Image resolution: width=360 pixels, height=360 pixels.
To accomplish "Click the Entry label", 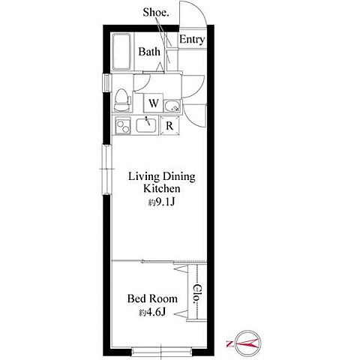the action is tap(192, 40).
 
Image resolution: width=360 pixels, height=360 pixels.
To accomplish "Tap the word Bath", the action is tap(149, 52).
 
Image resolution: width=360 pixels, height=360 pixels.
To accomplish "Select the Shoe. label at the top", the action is tap(156, 12).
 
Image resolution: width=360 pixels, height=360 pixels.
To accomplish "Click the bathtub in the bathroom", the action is tap(121, 52).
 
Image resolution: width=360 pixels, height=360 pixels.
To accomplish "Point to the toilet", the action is tap(122, 100).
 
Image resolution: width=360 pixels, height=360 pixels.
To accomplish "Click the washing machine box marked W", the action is tap(153, 103).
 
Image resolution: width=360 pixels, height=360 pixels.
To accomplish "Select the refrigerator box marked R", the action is tap(169, 126).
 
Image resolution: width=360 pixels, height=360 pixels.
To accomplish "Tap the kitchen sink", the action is tap(146, 125).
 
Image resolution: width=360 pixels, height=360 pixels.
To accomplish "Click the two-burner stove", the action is tap(123, 126).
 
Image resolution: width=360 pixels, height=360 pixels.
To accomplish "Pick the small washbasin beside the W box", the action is tap(172, 106).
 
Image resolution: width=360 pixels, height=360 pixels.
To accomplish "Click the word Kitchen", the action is tap(162, 188).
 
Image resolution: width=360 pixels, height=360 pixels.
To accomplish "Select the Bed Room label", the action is tap(152, 298).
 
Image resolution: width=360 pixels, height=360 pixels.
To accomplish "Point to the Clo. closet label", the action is tap(198, 294).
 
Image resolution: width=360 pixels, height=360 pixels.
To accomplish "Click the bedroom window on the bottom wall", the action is tap(162, 351).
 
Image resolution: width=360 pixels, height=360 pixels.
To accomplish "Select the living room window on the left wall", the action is tap(107, 169).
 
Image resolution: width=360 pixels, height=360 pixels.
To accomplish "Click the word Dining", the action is tap(178, 177).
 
